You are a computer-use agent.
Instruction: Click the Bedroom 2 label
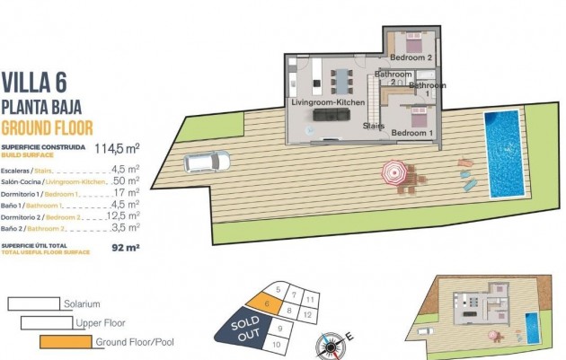click(411, 58)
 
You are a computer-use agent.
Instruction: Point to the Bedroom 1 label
click(412, 133)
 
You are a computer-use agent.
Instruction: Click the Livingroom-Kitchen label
click(327, 103)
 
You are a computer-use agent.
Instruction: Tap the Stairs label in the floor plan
click(375, 127)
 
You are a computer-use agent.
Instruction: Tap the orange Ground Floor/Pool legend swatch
click(66, 342)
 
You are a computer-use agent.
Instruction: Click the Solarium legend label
click(81, 304)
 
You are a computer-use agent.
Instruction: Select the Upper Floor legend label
click(100, 323)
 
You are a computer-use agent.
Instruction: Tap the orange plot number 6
click(267, 304)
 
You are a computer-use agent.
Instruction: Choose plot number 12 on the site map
click(307, 315)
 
